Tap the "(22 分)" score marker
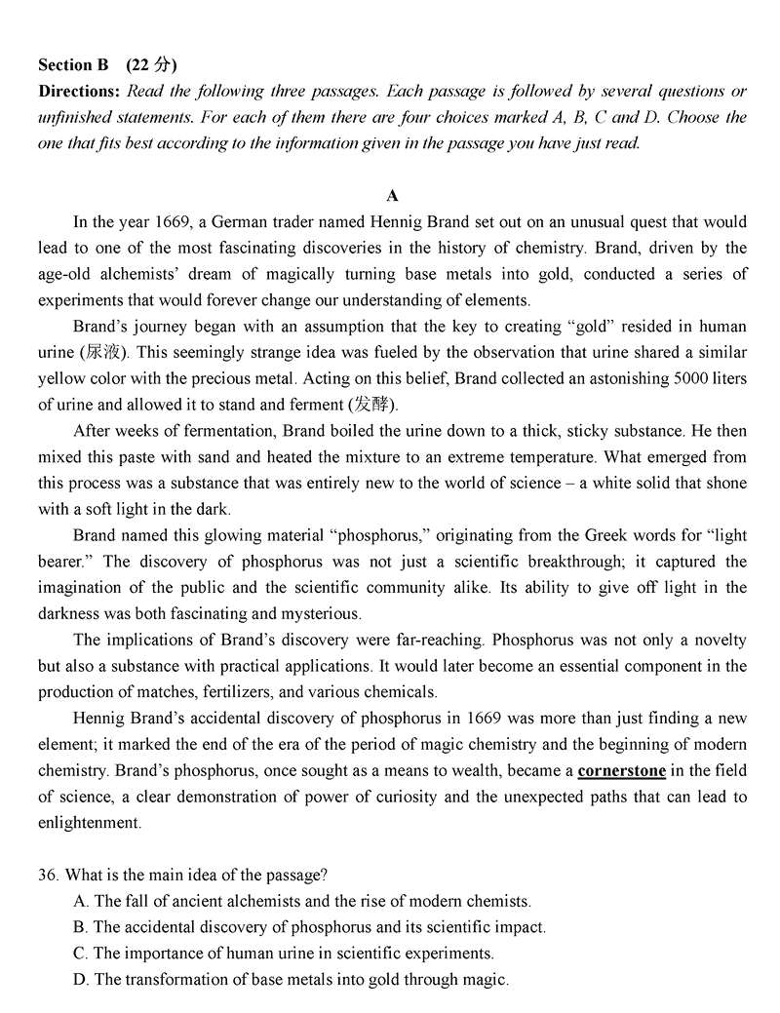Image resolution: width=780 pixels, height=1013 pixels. pyautogui.click(x=152, y=65)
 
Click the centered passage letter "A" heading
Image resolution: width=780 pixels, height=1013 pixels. pyautogui.click(x=392, y=196)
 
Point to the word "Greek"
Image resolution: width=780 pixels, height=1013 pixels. pyautogui.click(x=584, y=535)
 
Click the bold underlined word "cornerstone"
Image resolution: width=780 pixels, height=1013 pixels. pyautogui.click(x=622, y=770)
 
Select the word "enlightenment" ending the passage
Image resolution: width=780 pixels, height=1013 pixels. pyautogui.click(x=89, y=823)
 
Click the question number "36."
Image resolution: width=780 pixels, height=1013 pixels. pyautogui.click(x=50, y=875)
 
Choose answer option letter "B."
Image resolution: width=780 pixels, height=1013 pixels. pyautogui.click(x=81, y=927)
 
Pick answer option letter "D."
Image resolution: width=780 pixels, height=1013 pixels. pyautogui.click(x=81, y=979)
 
